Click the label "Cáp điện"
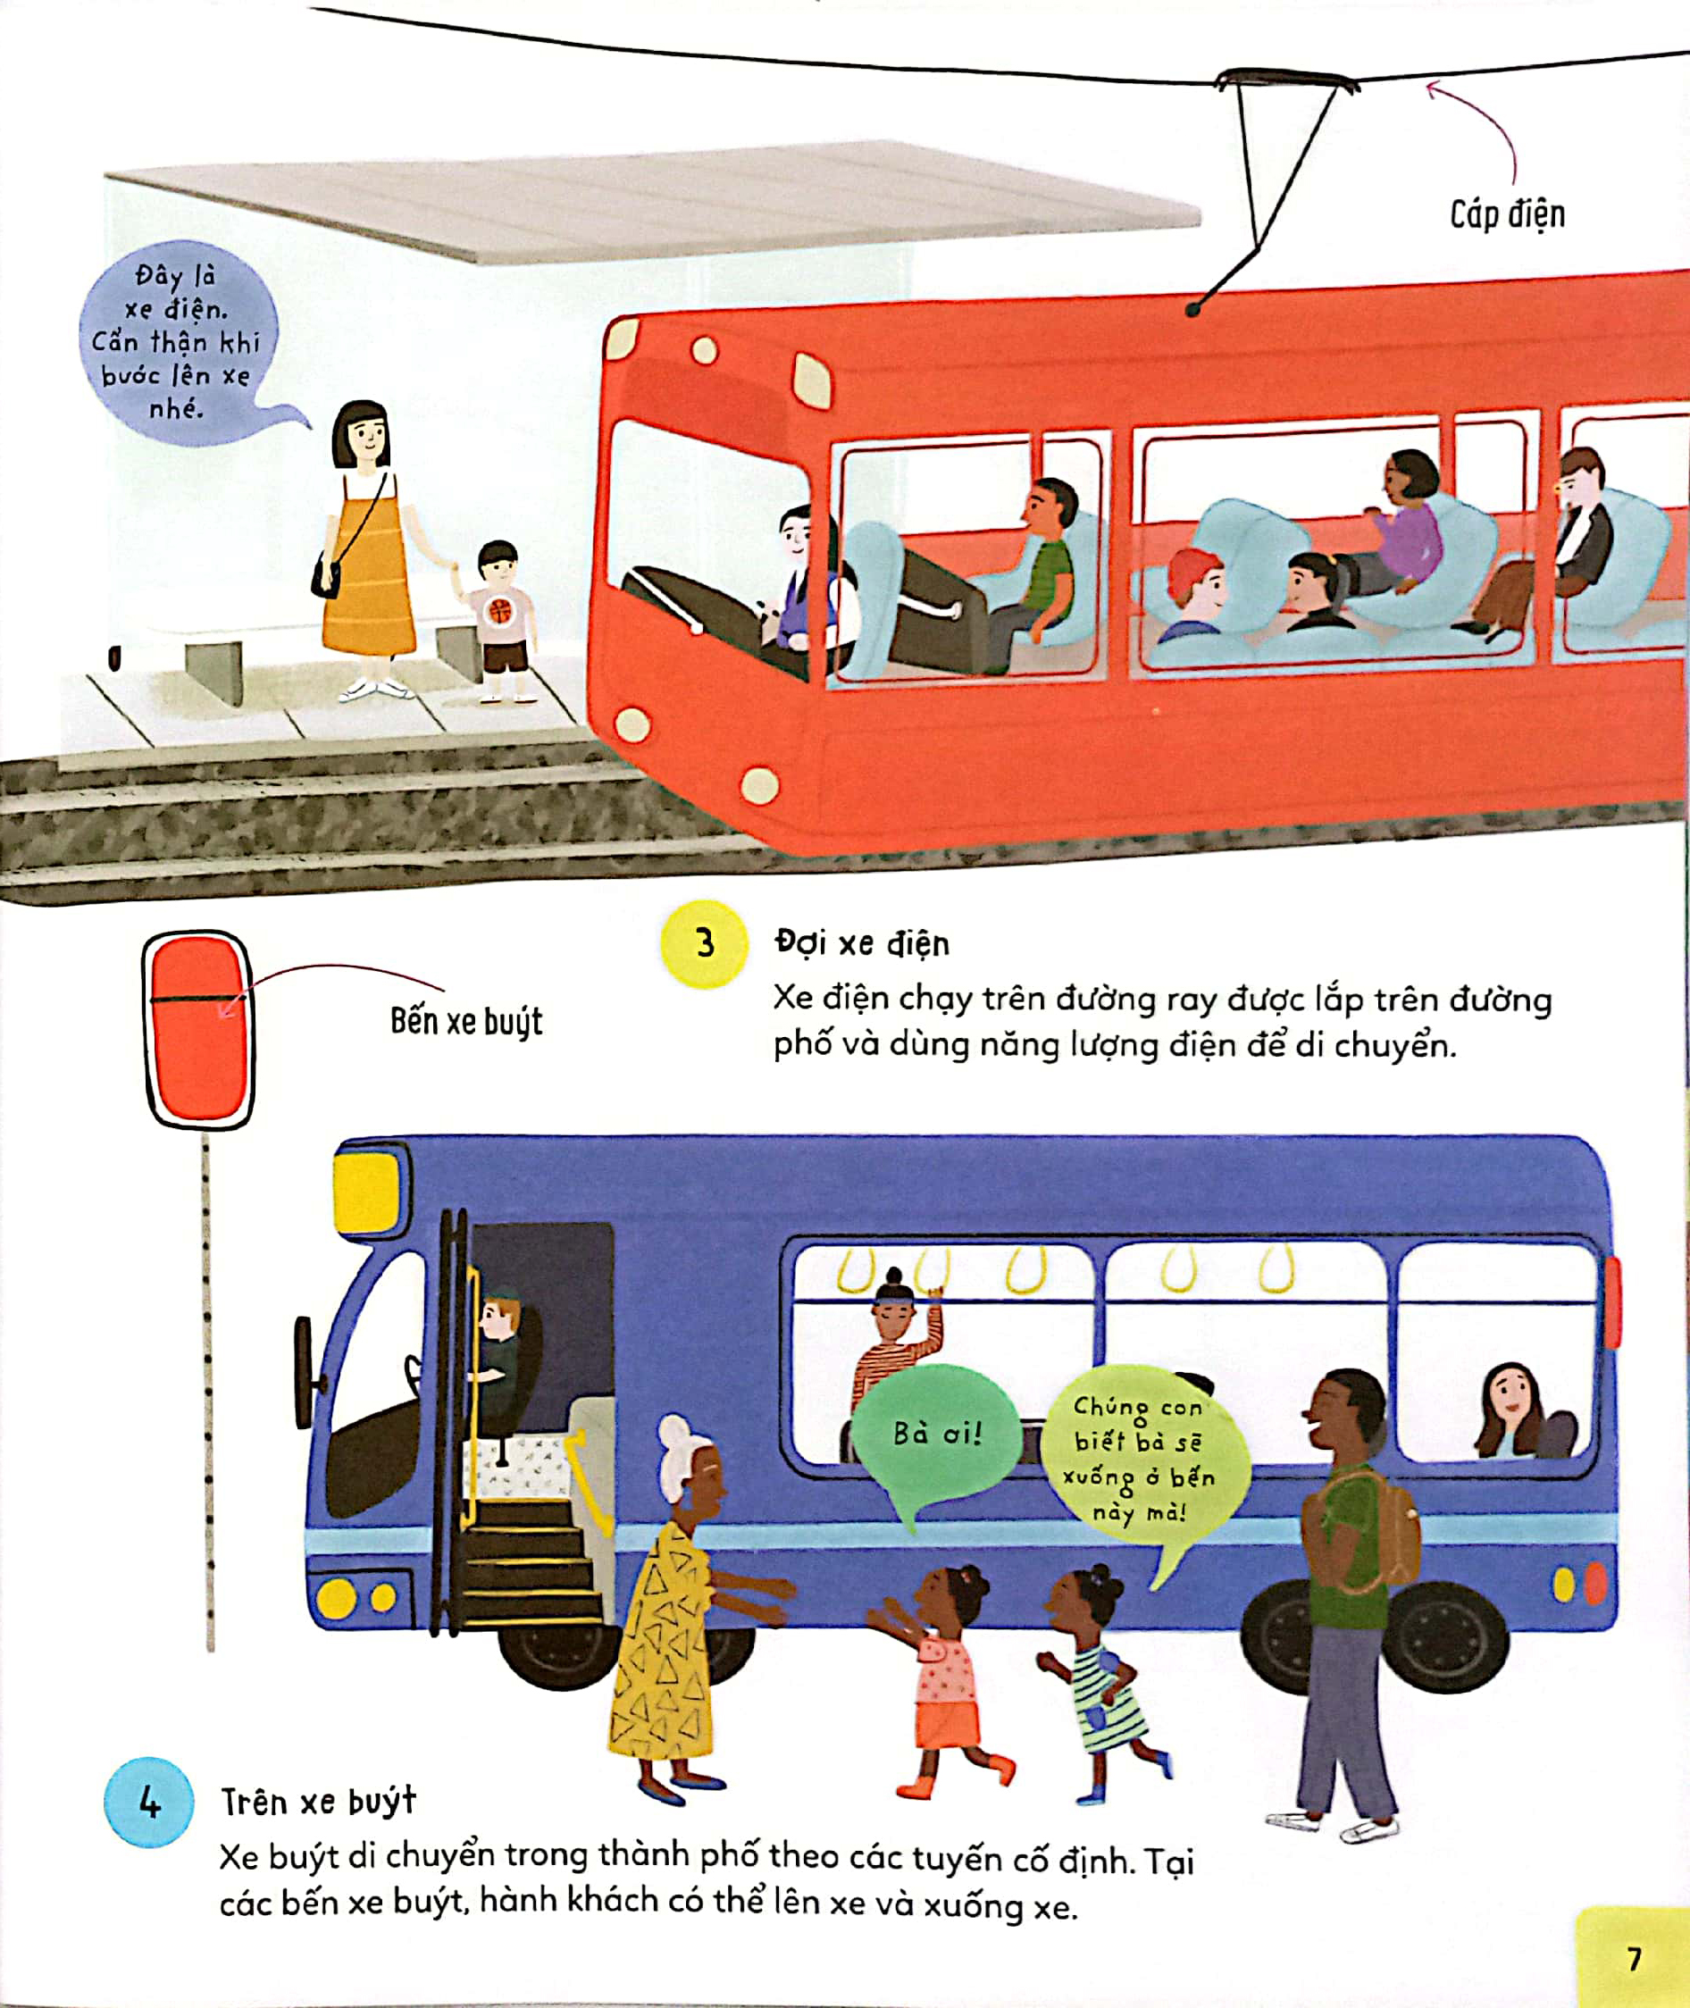click(1507, 213)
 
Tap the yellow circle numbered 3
click(704, 943)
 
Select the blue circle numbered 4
click(148, 1801)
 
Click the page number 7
click(1634, 1959)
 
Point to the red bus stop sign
click(198, 1030)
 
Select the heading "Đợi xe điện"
click(862, 943)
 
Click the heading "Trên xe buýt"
click(318, 1802)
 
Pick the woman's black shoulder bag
click(326, 575)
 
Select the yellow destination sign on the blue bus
click(366, 1191)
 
